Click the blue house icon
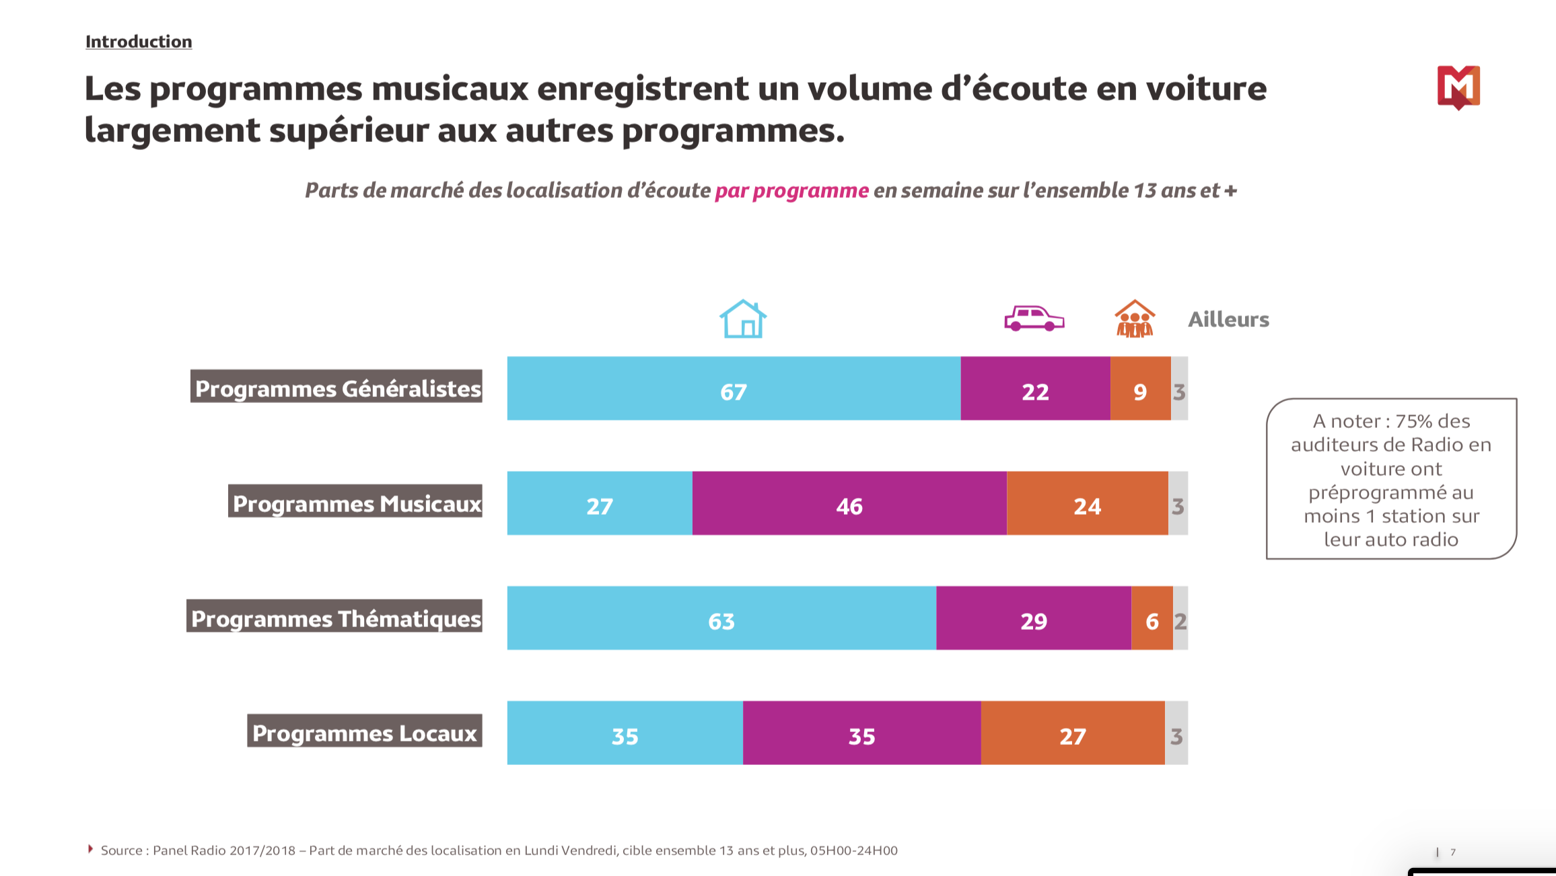pyautogui.click(x=743, y=319)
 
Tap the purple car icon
pyautogui.click(x=1034, y=318)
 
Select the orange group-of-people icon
pyautogui.click(x=1135, y=319)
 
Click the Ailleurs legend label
pyautogui.click(x=1228, y=319)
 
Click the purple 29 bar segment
pyautogui.click(x=1033, y=618)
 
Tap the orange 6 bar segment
pyautogui.click(x=1152, y=618)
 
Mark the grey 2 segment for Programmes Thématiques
pyautogui.click(x=1180, y=618)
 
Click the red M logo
pyautogui.click(x=1458, y=87)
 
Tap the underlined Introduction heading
pyautogui.click(x=139, y=42)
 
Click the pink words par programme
pyautogui.click(x=791, y=190)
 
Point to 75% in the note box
pyautogui.click(x=1413, y=421)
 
